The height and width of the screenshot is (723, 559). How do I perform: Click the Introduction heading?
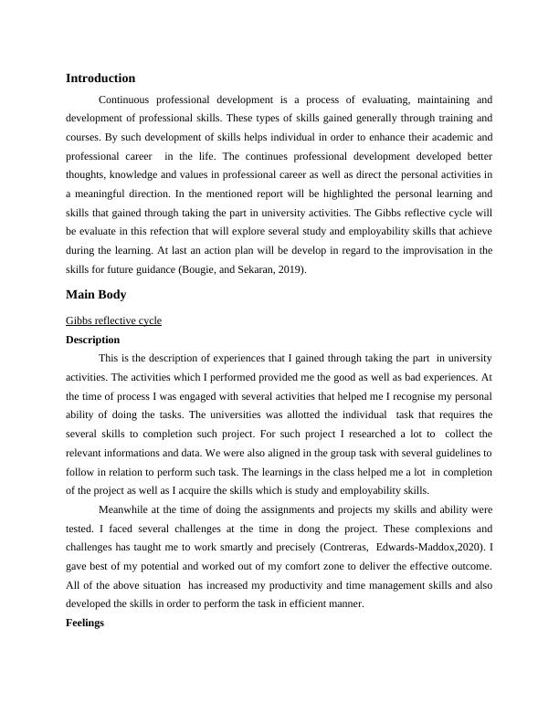tap(100, 79)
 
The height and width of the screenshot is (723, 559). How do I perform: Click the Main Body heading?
tap(96, 295)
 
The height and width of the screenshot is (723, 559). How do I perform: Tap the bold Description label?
tap(92, 340)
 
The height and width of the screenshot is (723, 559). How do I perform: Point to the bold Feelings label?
tap(86, 623)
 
